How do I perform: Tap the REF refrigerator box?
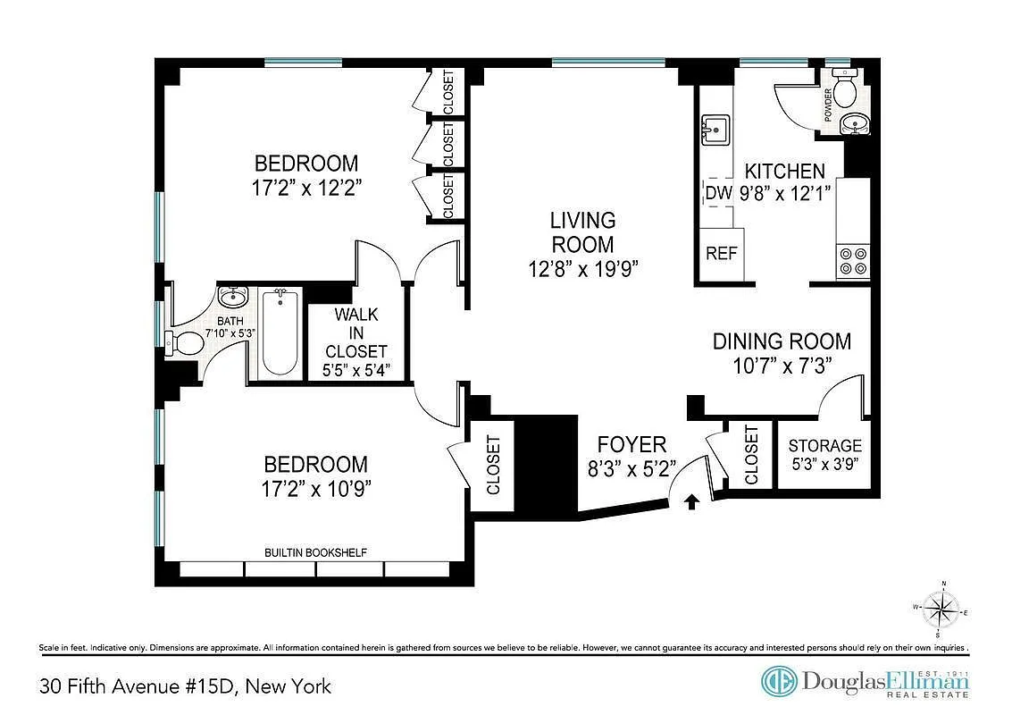pyautogui.click(x=722, y=253)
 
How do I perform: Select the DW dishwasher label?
pyautogui.click(x=719, y=192)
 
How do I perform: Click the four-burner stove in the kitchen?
pyautogui.click(x=852, y=259)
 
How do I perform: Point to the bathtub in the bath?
pyautogui.click(x=280, y=332)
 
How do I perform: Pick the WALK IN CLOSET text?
pyautogui.click(x=356, y=332)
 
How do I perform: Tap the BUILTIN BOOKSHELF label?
pyautogui.click(x=315, y=552)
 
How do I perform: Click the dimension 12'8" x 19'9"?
pyautogui.click(x=582, y=268)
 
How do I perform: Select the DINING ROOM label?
pyautogui.click(x=782, y=341)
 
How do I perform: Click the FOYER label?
pyautogui.click(x=631, y=444)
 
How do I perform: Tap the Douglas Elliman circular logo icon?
pyautogui.click(x=779, y=681)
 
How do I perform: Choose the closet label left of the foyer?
pyautogui.click(x=493, y=465)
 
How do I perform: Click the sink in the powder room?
pyautogui.click(x=858, y=126)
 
